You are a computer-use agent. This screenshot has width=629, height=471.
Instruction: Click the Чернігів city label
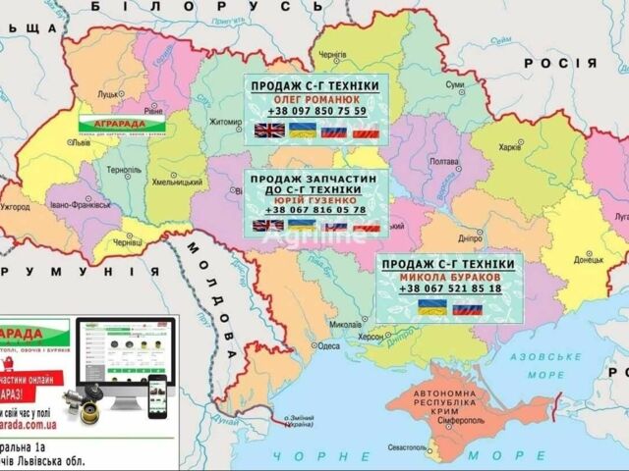coord(333,56)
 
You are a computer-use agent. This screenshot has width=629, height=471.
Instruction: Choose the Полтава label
coord(445,162)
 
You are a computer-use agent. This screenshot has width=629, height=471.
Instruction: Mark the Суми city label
coord(455,85)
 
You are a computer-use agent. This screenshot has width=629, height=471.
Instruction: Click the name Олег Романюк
coord(315,99)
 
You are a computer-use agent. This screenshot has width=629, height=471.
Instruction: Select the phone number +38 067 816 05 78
coord(315,209)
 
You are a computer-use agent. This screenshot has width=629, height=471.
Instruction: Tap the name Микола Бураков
coord(447,277)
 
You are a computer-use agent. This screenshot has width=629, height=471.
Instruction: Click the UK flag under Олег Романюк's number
coord(267,131)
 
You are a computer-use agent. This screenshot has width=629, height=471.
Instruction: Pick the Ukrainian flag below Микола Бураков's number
coord(432,306)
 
